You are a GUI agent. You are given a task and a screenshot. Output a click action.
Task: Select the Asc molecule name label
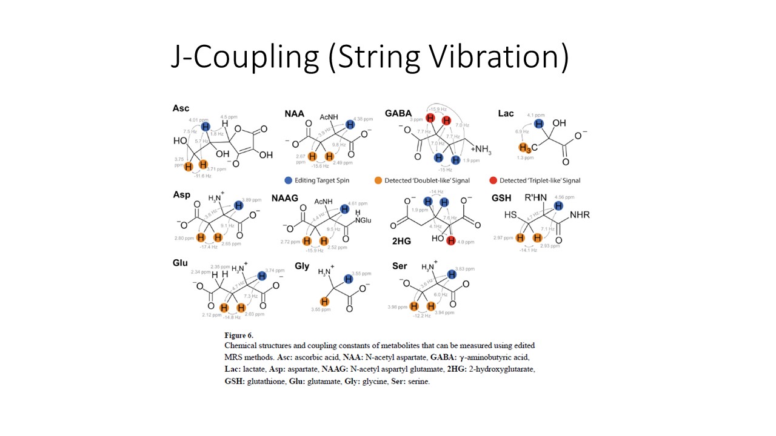[x=181, y=108]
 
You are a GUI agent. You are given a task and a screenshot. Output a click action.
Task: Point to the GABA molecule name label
[x=398, y=113]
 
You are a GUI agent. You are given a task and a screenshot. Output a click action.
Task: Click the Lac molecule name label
[x=506, y=113]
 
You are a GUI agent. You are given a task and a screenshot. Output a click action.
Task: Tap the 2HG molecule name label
[x=402, y=241]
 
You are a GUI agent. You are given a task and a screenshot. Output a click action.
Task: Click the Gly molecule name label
[x=302, y=266]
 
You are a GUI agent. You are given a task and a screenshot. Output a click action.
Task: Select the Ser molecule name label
[x=400, y=266]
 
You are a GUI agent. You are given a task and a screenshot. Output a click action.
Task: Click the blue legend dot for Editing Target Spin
[x=288, y=180]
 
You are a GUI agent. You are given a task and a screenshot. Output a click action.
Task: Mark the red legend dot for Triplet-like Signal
[x=492, y=180]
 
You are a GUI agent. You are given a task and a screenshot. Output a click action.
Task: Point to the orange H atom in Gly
[x=325, y=302]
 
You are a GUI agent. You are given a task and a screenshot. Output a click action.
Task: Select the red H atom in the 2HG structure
[x=450, y=242]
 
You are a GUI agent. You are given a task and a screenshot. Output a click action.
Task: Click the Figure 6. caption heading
[x=239, y=335]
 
